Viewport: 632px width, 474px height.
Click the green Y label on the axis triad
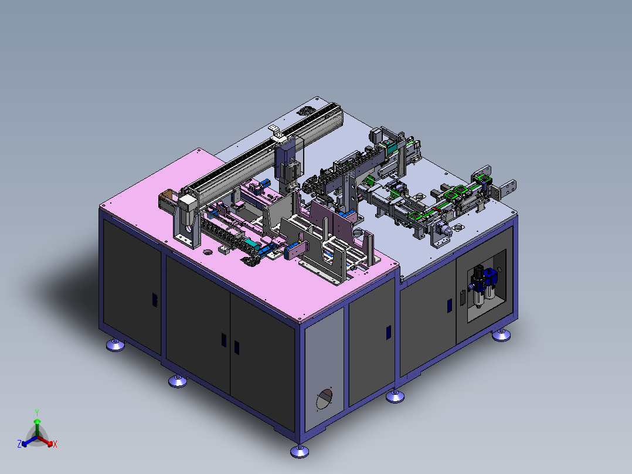tap(37, 412)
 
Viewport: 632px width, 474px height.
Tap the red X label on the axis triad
tap(55, 444)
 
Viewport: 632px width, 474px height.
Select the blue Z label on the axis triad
tap(19, 444)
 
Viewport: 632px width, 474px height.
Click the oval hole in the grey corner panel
tap(324, 398)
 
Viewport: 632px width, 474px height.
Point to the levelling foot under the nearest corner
tap(300, 451)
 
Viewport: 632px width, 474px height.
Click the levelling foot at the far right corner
tap(501, 335)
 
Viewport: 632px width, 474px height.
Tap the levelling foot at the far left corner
tap(115, 345)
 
